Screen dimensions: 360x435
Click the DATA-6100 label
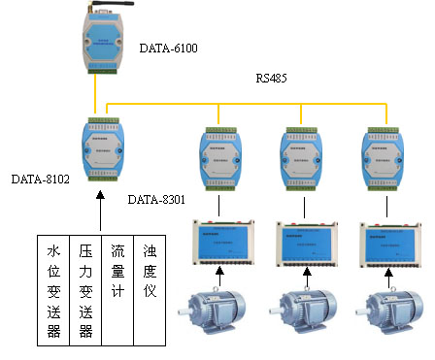coord(169,47)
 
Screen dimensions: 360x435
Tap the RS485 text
coord(274,78)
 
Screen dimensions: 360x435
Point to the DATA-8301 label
coord(156,199)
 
